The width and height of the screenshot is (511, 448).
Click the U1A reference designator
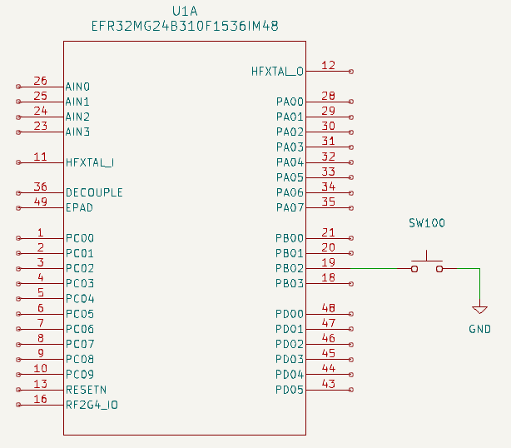click(185, 11)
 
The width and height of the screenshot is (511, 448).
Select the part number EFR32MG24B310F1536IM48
click(185, 27)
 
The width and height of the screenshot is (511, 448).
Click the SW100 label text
click(427, 223)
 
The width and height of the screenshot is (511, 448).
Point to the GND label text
click(480, 329)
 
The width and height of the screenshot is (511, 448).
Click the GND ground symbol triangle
click(480, 306)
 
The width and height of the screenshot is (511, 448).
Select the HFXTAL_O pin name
click(277, 72)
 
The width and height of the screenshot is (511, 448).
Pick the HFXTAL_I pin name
click(89, 162)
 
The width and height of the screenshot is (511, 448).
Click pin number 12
click(328, 65)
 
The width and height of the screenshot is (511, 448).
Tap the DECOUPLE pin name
click(94, 192)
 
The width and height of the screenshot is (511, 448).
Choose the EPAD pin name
click(79, 207)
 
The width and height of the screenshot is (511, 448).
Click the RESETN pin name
click(86, 390)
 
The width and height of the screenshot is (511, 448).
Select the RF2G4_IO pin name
click(92, 405)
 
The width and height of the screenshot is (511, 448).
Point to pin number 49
click(40, 202)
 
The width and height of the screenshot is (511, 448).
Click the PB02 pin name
click(290, 269)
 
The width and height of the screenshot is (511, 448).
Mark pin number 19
click(328, 262)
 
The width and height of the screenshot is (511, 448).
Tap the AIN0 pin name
click(77, 87)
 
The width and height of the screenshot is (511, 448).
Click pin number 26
click(40, 81)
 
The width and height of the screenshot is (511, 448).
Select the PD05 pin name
click(290, 390)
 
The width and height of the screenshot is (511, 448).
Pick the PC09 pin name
click(80, 375)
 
